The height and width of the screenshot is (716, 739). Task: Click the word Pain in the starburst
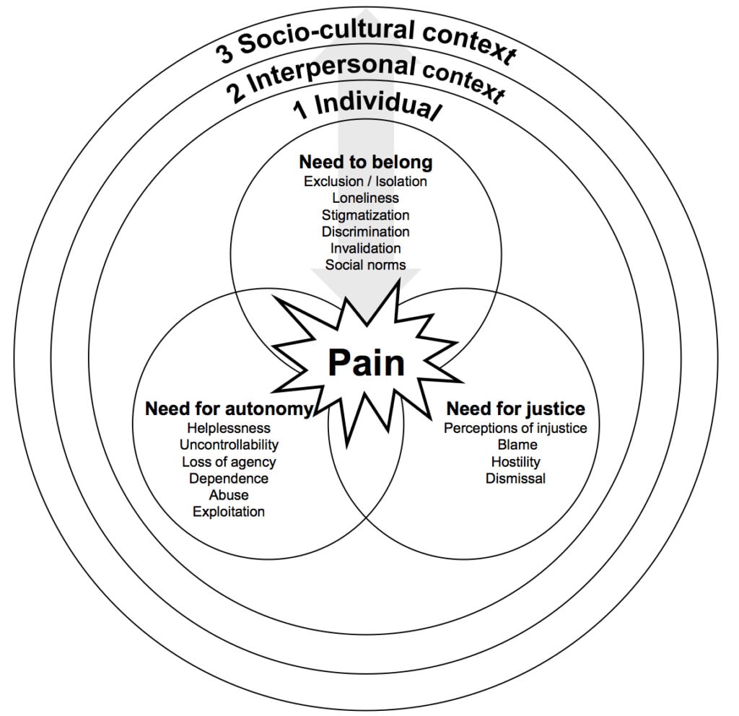click(366, 363)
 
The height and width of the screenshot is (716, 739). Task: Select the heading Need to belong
click(365, 162)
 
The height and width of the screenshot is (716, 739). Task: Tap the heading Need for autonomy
click(229, 409)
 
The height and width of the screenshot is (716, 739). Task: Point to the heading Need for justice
click(515, 409)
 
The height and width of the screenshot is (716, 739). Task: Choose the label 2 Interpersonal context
click(365, 78)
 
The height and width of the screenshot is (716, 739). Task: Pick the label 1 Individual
click(367, 108)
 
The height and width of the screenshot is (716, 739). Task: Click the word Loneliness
click(365, 197)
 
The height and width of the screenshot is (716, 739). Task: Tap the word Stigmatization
click(365, 214)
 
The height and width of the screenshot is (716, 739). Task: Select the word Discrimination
click(365, 232)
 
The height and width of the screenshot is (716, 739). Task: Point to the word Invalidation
click(365, 248)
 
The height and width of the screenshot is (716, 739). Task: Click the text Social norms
click(365, 265)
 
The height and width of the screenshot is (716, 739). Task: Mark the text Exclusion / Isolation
click(365, 180)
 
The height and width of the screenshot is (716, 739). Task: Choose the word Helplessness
click(229, 429)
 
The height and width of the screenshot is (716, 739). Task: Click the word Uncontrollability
click(229, 445)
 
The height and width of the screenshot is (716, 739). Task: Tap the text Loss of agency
click(229, 462)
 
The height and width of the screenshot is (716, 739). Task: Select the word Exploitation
click(229, 512)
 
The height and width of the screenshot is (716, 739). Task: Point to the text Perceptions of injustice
click(515, 429)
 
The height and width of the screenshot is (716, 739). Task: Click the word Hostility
click(515, 462)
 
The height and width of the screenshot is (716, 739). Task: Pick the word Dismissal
click(515, 478)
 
